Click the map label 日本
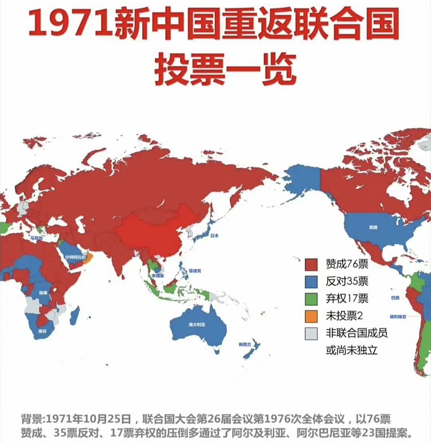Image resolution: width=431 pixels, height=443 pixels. pyautogui.click(x=214, y=236)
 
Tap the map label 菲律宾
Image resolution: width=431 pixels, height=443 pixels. pyautogui.click(x=194, y=271)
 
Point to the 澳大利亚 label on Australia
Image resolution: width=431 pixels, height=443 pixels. pyautogui.click(x=197, y=325)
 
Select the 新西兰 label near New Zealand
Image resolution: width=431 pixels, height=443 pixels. pyautogui.click(x=244, y=344)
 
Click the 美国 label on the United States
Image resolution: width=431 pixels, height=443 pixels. pyautogui.click(x=373, y=227)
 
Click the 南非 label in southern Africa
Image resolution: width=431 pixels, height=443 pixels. pyautogui.click(x=42, y=331)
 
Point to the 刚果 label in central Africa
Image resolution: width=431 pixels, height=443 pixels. pyautogui.click(x=43, y=292)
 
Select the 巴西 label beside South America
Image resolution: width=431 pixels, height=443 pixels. pyautogui.click(x=395, y=298)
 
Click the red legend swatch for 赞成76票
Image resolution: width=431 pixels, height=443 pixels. pyautogui.click(x=311, y=265)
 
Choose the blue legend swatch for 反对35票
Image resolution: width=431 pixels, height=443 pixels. pyautogui.click(x=311, y=282)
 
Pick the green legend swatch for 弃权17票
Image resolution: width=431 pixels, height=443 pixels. pyautogui.click(x=311, y=299)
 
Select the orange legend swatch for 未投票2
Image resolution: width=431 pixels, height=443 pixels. pyautogui.click(x=311, y=316)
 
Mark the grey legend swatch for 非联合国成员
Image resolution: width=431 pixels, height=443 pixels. pyautogui.click(x=311, y=333)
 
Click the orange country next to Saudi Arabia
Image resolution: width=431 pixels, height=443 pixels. pyautogui.click(x=90, y=258)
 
